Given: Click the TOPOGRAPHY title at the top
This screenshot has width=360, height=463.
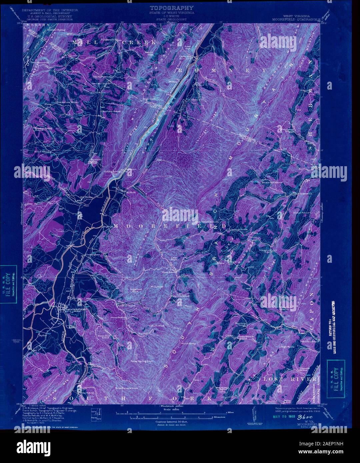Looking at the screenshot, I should click(x=171, y=7).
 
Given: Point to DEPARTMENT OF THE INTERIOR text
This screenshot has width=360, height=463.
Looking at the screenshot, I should click(x=50, y=10).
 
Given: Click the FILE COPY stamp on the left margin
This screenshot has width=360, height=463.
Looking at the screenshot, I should click(x=9, y=284).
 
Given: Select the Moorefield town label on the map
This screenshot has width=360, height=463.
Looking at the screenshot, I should click(x=76, y=309).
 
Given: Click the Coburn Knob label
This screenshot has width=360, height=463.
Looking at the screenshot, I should click(x=157, y=325).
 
